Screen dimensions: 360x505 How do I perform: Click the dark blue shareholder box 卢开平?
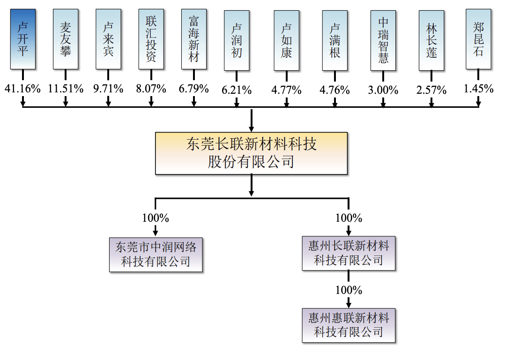pos(22,38)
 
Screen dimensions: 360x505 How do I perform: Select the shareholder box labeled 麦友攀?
pos(66,38)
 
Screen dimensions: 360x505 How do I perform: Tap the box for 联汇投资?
pos(151,38)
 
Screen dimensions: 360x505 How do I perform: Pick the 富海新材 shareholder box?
pos(194,38)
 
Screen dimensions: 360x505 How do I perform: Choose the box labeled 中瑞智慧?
pos(383,40)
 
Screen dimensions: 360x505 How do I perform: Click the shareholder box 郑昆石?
pos(478,38)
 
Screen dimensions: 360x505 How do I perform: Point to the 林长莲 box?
pos(431,40)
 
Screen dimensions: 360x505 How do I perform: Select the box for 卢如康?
pos(286,40)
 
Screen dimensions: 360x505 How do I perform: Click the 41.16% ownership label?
pos(22,88)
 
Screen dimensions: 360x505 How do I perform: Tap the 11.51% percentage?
pos(66,88)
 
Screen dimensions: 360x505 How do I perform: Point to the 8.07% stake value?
pos(151,88)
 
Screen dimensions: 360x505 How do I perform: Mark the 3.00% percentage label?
pos(383,90)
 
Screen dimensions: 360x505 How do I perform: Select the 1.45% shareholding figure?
pos(478,88)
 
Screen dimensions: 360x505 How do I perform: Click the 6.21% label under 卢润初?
pos(237,90)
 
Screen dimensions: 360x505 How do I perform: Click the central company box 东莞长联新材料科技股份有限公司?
pos(252,153)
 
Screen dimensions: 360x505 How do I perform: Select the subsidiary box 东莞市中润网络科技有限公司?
pos(156,254)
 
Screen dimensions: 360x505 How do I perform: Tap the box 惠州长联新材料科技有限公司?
pos(349,253)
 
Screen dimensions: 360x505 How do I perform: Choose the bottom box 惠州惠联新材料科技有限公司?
pos(349,325)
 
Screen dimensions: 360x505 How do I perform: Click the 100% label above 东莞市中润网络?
pos(156,218)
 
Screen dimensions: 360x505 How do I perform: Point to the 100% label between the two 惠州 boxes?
pos(349,290)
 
